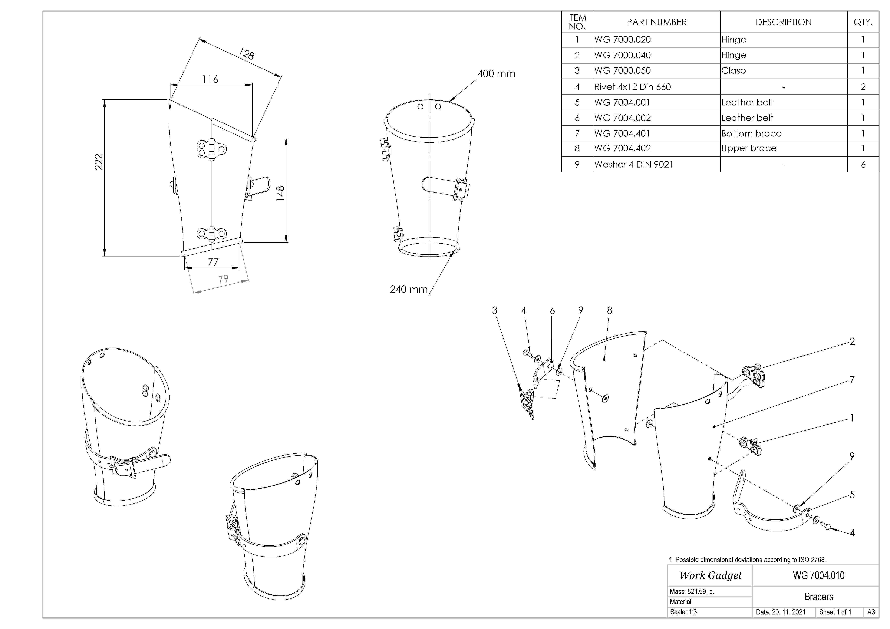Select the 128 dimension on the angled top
point(247,53)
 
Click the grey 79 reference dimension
point(223,279)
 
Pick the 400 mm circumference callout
point(496,74)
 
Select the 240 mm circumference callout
point(409,289)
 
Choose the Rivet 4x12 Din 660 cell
point(632,87)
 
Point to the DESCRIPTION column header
point(783,22)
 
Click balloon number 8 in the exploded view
point(609,310)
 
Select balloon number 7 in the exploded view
point(852,380)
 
